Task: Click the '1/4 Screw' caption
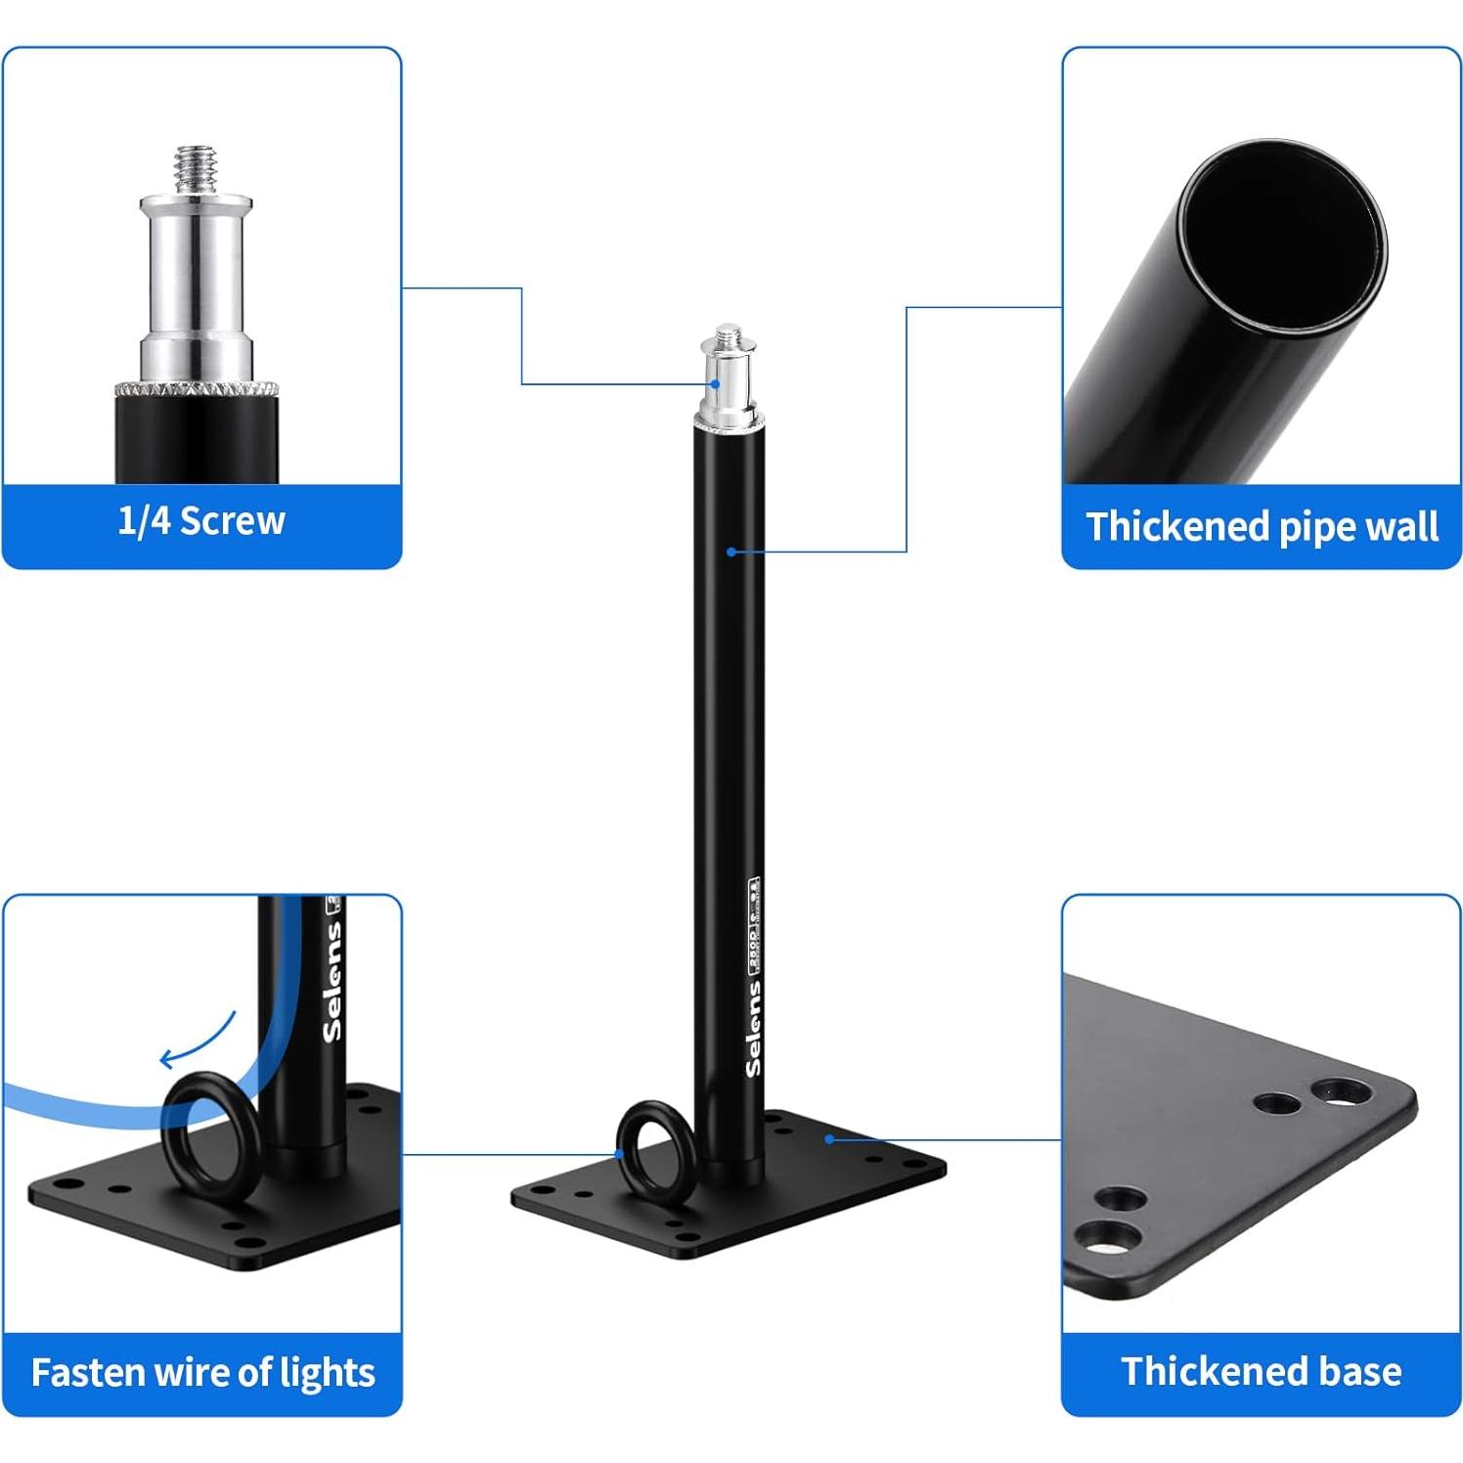coord(201,521)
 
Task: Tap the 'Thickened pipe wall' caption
coord(1262,526)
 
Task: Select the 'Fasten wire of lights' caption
coord(202,1372)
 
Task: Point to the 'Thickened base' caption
coord(1261,1371)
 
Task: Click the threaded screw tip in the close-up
coord(196,169)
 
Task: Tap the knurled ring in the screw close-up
coord(197,388)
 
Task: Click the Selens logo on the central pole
coord(753,1029)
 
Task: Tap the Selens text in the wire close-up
coord(332,981)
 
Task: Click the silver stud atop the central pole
coord(729,377)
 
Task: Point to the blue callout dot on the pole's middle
coord(731,553)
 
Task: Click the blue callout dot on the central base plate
coord(828,1138)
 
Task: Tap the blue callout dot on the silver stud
coord(716,384)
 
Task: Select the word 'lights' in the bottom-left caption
coord(327,1372)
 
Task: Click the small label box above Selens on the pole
coord(754,924)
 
